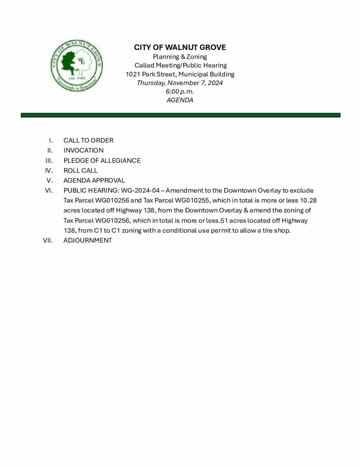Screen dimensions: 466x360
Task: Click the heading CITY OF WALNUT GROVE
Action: (x=180, y=47)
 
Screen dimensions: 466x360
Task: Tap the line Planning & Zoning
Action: (x=180, y=57)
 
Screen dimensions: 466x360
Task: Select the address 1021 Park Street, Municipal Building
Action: (x=180, y=74)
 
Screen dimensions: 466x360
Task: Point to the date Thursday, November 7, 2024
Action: (x=180, y=83)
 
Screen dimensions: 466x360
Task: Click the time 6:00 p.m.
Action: (x=180, y=91)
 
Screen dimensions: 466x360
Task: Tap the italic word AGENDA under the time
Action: (x=180, y=100)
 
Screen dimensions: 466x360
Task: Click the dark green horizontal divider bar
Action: (x=180, y=115)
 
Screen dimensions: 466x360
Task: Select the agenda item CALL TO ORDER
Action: (x=88, y=140)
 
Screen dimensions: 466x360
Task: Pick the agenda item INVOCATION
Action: (x=83, y=150)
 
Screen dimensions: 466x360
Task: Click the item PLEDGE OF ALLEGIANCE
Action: (x=101, y=160)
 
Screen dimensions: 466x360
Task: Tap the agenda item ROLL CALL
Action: (x=80, y=170)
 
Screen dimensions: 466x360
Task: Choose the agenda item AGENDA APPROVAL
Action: (x=94, y=180)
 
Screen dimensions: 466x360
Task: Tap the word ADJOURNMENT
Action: (x=87, y=240)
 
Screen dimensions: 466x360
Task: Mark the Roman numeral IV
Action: (x=50, y=170)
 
